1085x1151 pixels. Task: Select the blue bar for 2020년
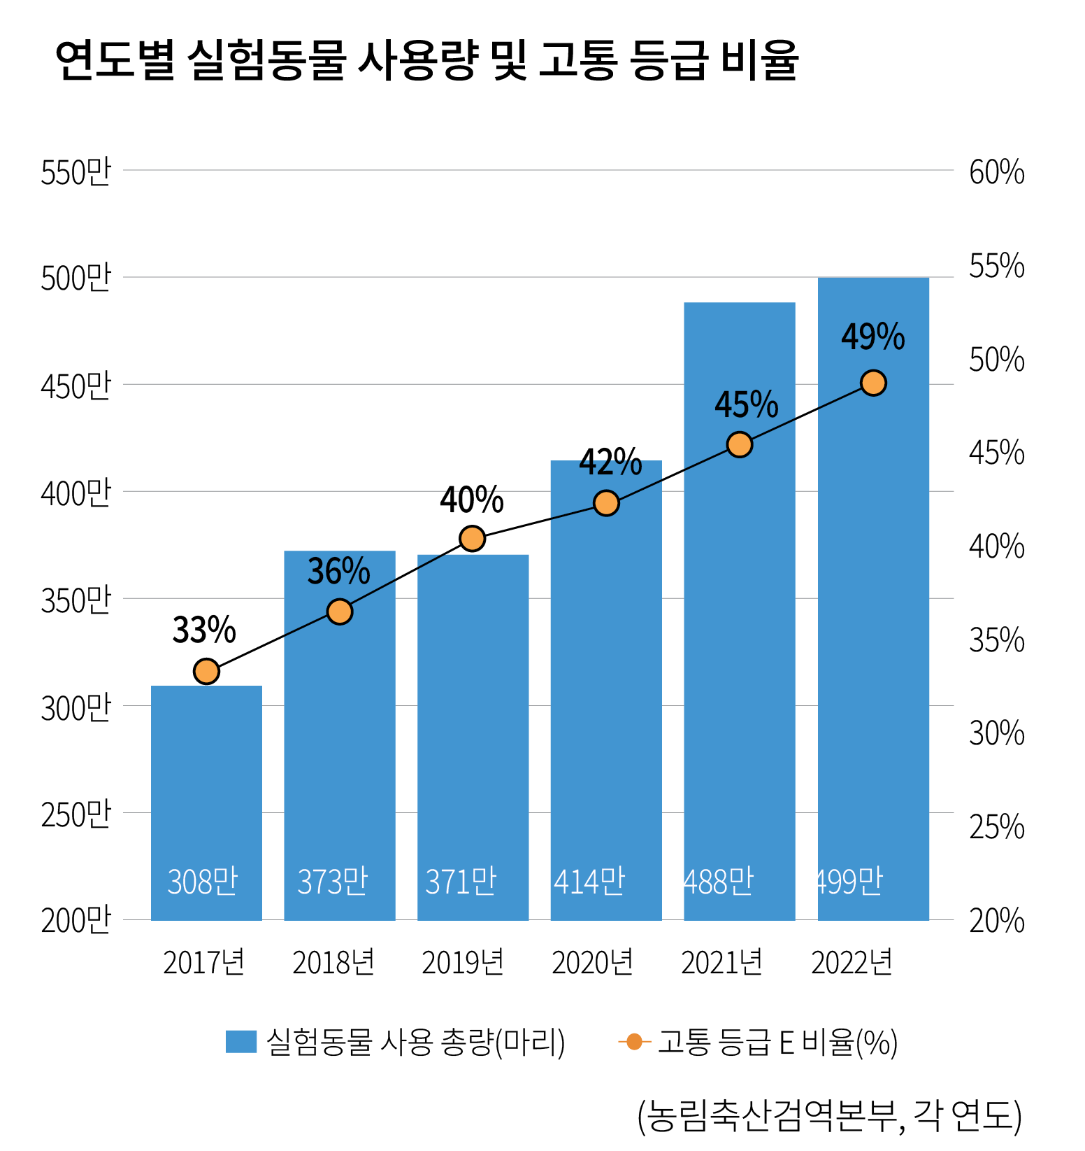(605, 700)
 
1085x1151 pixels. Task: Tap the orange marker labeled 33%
(206, 672)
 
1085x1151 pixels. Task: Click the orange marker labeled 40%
(473, 539)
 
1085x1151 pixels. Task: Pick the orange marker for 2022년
(873, 383)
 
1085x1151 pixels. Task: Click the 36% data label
(339, 572)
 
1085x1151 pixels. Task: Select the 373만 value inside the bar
(333, 882)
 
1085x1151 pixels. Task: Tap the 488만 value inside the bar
(719, 882)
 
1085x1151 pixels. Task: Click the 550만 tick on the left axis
(76, 172)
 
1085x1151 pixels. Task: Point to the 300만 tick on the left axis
(76, 708)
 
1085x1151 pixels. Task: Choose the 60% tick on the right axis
(996, 172)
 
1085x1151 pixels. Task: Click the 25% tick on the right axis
(996, 827)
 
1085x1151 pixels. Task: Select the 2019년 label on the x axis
(463, 963)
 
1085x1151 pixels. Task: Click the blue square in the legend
(241, 1041)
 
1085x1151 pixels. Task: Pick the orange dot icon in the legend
(634, 1042)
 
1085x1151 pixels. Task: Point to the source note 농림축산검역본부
(769, 1115)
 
